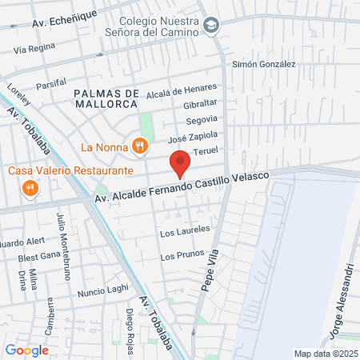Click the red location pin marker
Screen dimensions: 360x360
coord(180,162)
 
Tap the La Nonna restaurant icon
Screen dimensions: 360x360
coord(140,146)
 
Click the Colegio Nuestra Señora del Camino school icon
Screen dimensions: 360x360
coord(210,26)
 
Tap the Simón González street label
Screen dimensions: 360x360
coord(264,64)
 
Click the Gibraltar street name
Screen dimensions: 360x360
coord(200,105)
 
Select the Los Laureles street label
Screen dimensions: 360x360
coord(185,231)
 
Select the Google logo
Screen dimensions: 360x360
coord(26,350)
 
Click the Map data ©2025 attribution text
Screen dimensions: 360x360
coord(323,354)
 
